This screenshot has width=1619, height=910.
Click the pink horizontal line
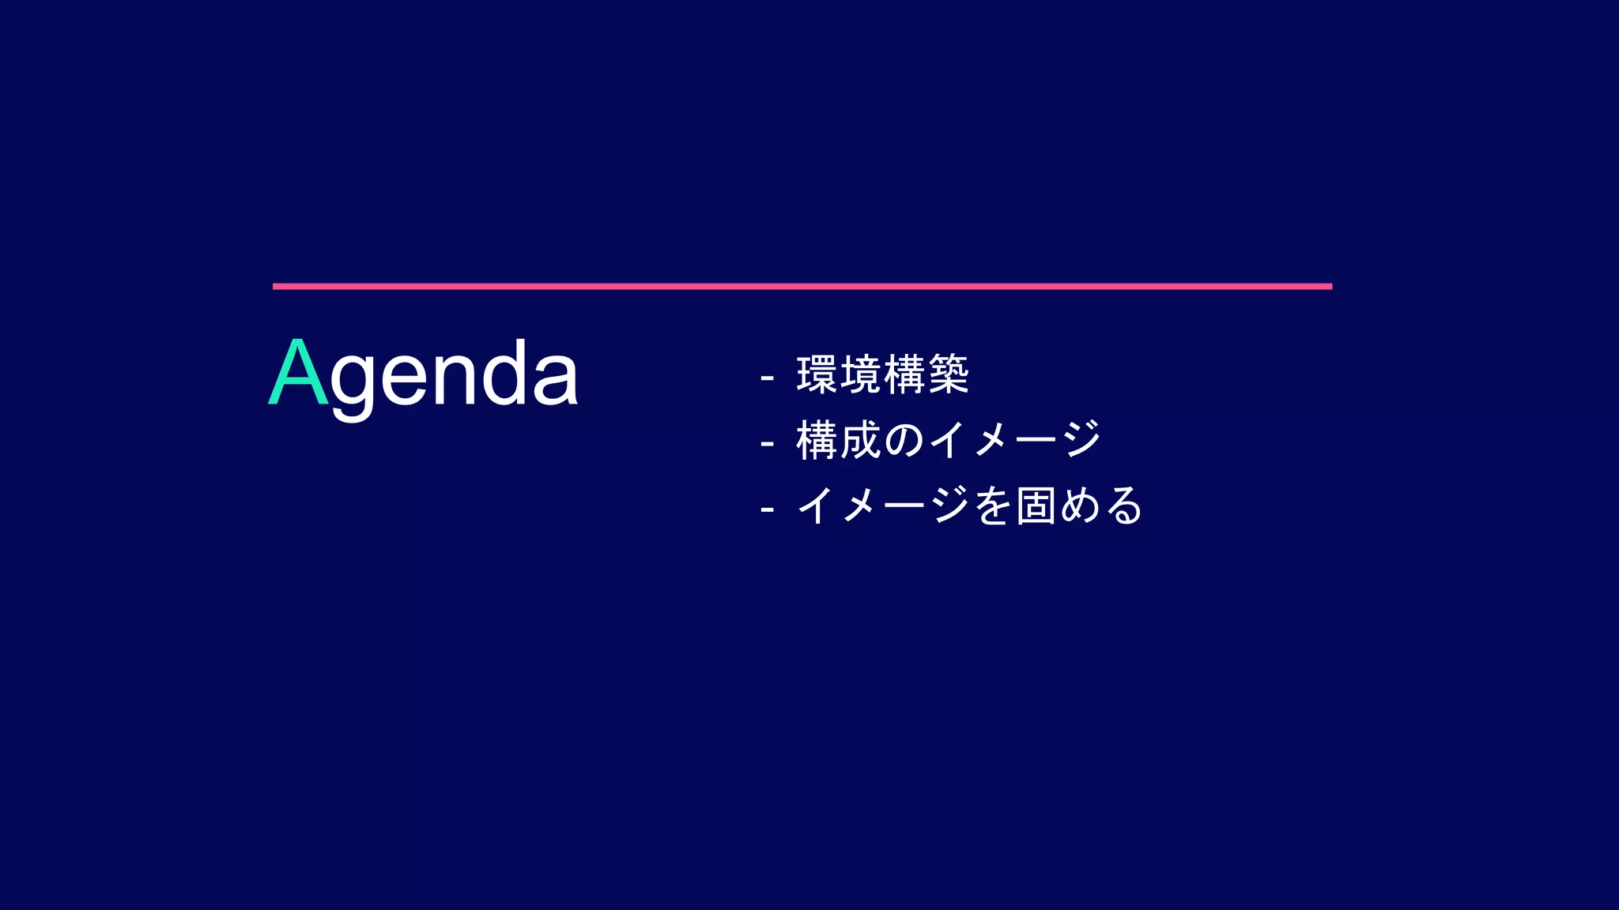pyautogui.click(x=802, y=286)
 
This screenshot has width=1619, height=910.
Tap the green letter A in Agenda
pyautogui.click(x=298, y=372)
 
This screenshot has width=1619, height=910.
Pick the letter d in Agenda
pyautogui.click(x=504, y=372)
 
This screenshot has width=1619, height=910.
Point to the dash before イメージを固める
pyautogui.click(x=766, y=510)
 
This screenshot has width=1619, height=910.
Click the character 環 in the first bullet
pyautogui.click(x=817, y=374)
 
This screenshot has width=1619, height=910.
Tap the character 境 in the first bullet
pyautogui.click(x=860, y=374)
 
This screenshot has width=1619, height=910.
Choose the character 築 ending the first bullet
pyautogui.click(x=948, y=374)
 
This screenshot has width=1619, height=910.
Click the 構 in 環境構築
pyautogui.click(x=904, y=374)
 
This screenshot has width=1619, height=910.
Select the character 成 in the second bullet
pyautogui.click(x=860, y=440)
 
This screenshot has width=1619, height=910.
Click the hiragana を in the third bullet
pyautogui.click(x=993, y=506)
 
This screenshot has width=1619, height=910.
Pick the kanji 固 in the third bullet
pyautogui.click(x=1036, y=506)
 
